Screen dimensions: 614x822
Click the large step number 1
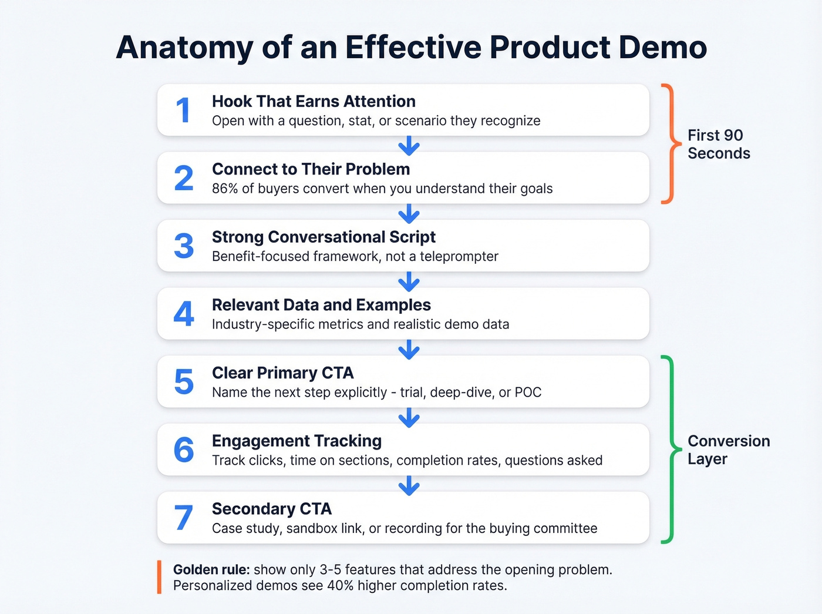click(183, 110)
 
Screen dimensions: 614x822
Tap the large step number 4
click(184, 314)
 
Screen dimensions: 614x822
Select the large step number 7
click(184, 518)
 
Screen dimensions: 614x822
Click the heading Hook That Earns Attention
click(314, 102)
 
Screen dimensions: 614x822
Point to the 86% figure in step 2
click(224, 189)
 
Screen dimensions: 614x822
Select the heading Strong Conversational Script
click(324, 237)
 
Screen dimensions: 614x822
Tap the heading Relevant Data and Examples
click(321, 305)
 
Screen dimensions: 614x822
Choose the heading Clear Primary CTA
click(282, 373)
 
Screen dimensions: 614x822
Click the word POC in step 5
click(528, 392)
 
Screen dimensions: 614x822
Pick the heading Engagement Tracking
click(297, 441)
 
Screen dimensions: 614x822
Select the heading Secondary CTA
click(272, 509)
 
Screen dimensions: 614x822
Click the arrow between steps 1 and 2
click(409, 145)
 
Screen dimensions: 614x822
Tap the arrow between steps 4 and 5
click(409, 349)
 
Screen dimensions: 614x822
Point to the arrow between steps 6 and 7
click(409, 485)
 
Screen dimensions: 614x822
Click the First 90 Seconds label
click(719, 144)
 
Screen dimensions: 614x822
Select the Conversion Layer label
click(728, 450)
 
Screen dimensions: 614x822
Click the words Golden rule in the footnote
click(211, 570)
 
